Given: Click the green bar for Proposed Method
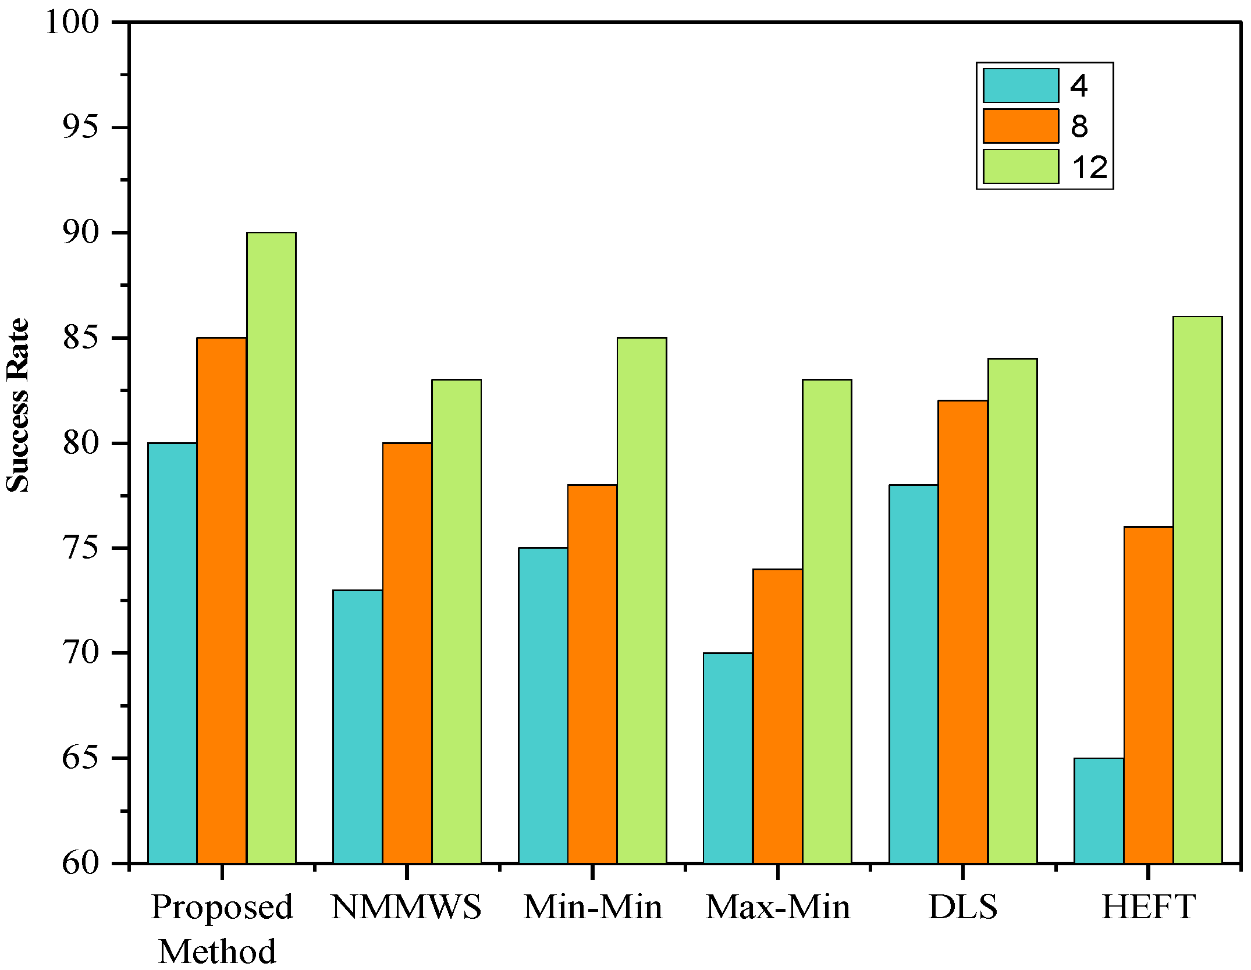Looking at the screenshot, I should click(271, 547).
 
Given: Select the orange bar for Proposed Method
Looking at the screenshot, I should click(222, 599).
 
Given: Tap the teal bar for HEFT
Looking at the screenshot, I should click(1099, 810).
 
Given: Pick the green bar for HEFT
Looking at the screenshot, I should click(1197, 589).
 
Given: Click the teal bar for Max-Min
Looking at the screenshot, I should click(728, 758).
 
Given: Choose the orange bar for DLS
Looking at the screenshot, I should click(963, 631).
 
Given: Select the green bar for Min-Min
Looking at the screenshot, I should click(642, 599).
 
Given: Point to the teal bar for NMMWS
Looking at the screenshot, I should click(357, 726).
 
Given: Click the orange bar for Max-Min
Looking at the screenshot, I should click(777, 716).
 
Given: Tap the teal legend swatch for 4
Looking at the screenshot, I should click(1021, 86).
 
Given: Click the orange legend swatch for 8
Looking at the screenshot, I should click(1021, 126).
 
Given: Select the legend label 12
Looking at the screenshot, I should click(1089, 168).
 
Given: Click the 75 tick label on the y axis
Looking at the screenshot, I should click(80, 548).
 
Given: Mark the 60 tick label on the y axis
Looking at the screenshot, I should click(80, 863).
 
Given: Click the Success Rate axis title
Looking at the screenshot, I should click(17, 406).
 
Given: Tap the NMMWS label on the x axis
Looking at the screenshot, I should click(406, 907).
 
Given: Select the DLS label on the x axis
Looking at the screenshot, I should click(963, 907).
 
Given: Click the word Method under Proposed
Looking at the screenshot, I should click(217, 952).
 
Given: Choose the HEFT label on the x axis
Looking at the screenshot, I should click(1148, 907).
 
